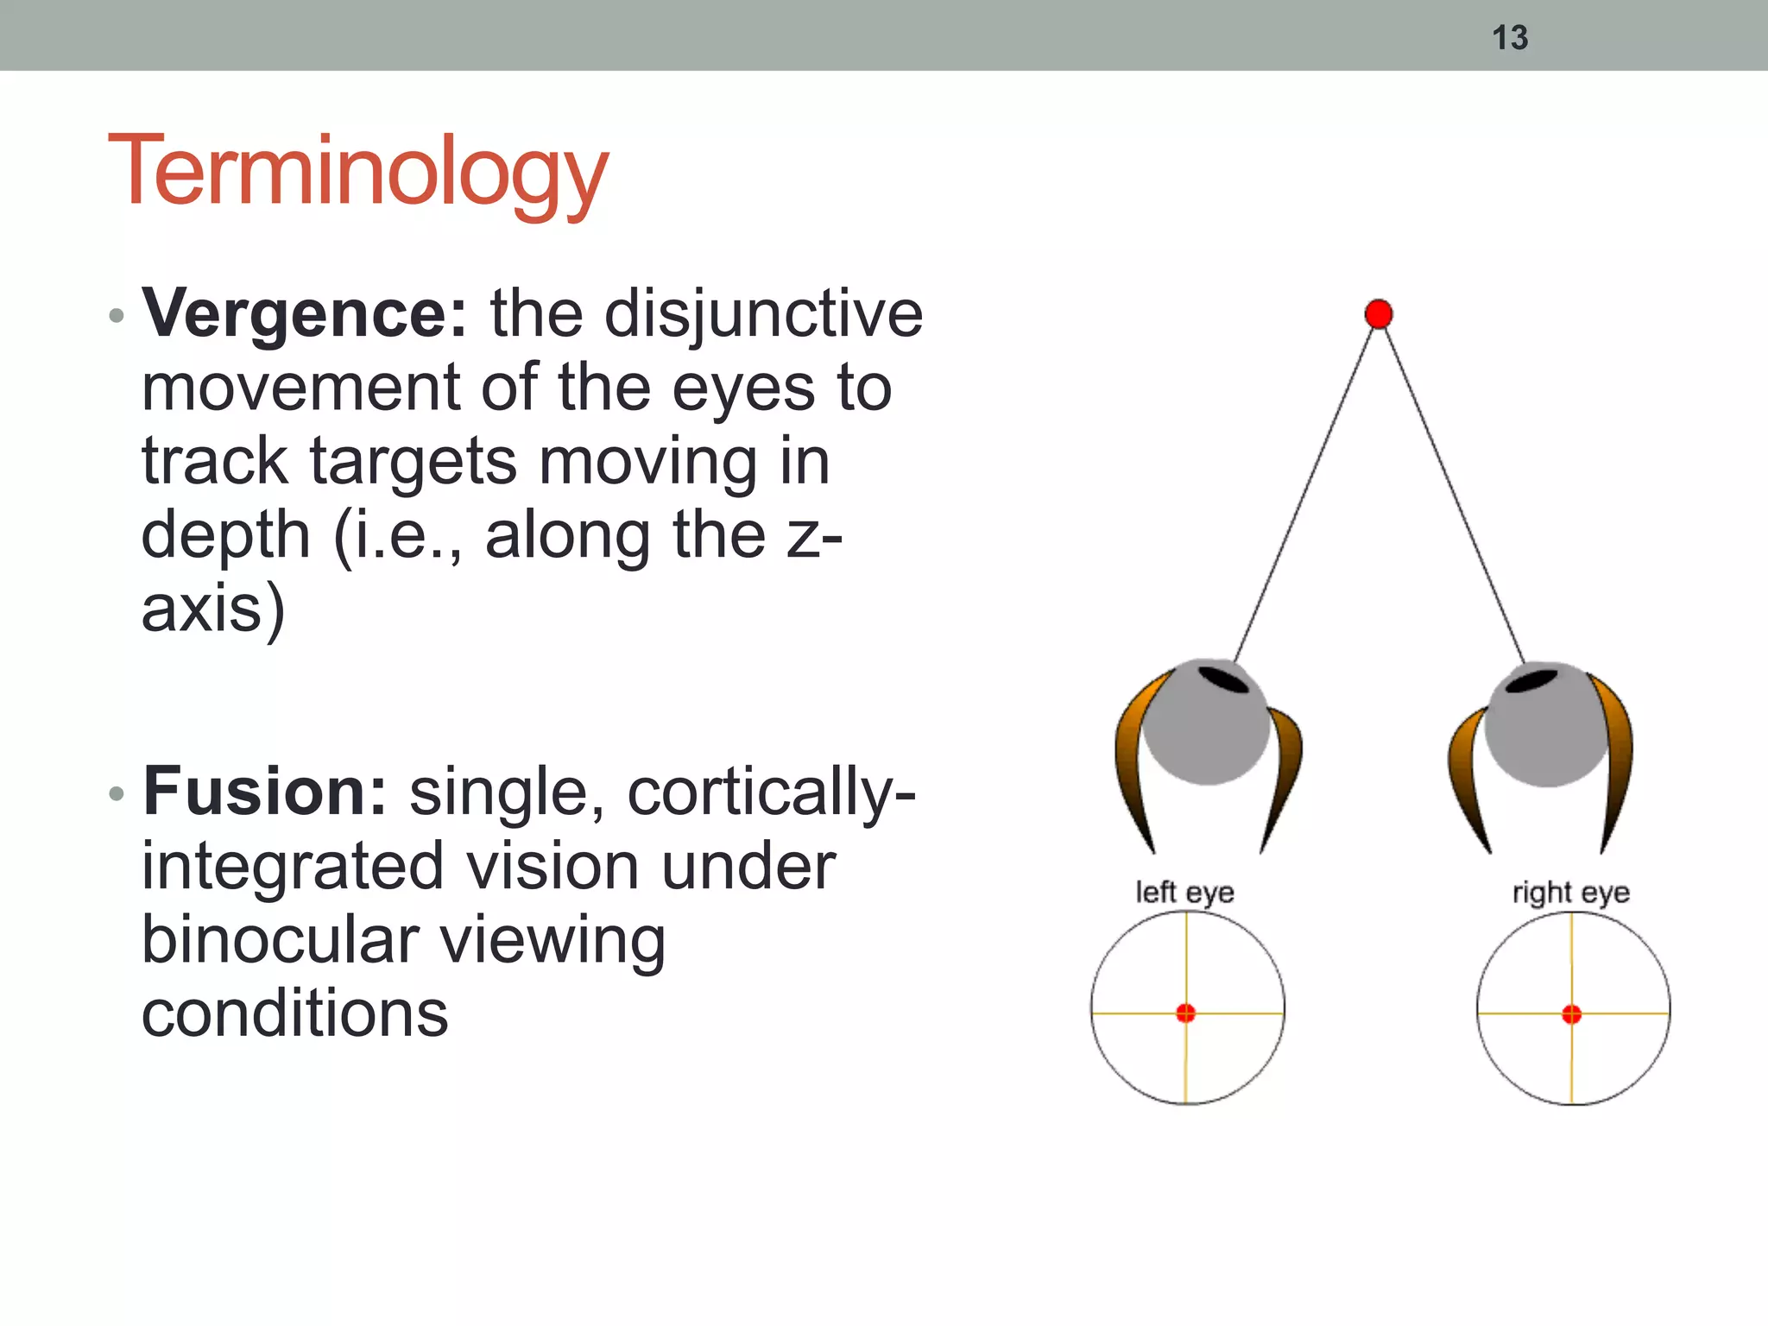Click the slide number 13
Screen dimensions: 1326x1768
[x=1510, y=38]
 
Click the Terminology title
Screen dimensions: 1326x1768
[x=358, y=173]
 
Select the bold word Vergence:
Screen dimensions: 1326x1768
[x=305, y=313]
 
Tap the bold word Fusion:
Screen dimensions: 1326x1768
[x=265, y=792]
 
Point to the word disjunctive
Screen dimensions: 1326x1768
[x=763, y=313]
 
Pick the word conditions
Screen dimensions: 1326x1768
[x=294, y=1013]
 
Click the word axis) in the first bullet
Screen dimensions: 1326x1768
[x=212, y=609]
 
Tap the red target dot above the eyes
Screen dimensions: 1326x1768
[x=1379, y=313]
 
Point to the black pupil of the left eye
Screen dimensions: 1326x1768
[x=1224, y=679]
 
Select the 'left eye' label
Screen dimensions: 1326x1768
[x=1184, y=892]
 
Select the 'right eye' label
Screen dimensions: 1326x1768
[x=1570, y=892]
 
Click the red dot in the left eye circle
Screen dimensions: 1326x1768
[x=1186, y=1013]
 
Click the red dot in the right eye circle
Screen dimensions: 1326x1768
[x=1572, y=1014]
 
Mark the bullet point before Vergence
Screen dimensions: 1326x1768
[x=117, y=316]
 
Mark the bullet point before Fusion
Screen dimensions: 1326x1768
[x=117, y=794]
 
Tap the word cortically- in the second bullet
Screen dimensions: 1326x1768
[x=771, y=792]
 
